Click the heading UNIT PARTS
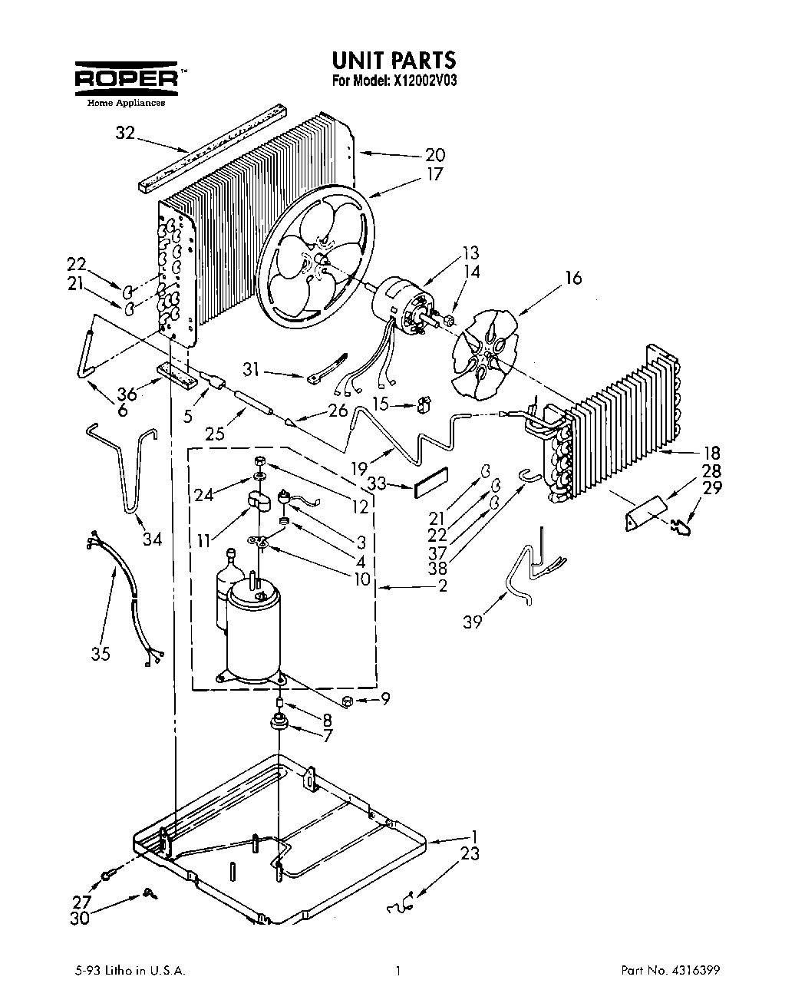394,60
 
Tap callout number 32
125,134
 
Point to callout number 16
572,278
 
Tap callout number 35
101,653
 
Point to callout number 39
473,621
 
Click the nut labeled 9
347,700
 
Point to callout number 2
442,588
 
